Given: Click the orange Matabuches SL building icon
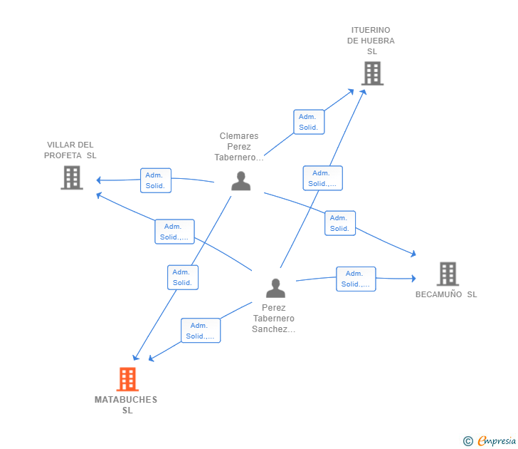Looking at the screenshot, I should (x=127, y=379).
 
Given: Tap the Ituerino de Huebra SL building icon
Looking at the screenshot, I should (x=371, y=73).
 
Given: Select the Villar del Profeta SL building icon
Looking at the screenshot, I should (x=72, y=177).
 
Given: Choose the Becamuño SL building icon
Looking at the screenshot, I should (x=447, y=274).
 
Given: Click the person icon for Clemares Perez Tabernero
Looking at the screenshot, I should (x=241, y=181).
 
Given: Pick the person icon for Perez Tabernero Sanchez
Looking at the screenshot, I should (x=275, y=288).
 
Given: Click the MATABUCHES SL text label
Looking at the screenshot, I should (x=126, y=405).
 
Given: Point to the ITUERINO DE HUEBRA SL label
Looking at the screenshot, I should (x=371, y=41).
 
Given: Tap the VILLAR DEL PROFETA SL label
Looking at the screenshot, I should (x=70, y=150).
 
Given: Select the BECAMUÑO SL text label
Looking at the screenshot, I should (x=446, y=294).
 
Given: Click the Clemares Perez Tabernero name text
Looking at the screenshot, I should (x=239, y=147).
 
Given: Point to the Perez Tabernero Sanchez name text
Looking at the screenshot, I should (x=273, y=319).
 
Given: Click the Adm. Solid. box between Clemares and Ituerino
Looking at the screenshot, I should (x=309, y=122).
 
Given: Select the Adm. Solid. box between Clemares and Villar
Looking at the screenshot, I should (x=155, y=180).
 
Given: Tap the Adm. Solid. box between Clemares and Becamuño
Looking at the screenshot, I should (x=339, y=223).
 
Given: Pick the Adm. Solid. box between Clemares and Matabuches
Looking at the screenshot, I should (x=183, y=277).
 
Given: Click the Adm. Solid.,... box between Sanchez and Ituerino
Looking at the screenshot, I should (x=322, y=178).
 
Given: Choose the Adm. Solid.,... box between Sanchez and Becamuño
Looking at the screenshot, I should (x=355, y=279).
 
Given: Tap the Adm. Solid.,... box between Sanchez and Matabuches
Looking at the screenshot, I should (x=200, y=331).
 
